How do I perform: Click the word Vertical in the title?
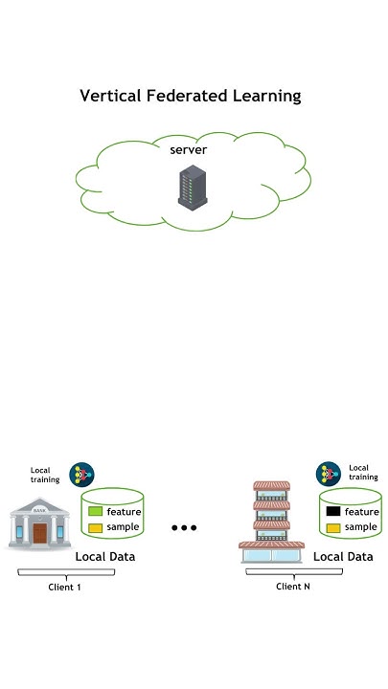click(x=106, y=96)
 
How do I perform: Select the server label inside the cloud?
click(x=188, y=150)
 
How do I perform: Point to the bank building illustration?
click(x=39, y=527)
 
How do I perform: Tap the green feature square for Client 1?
click(x=96, y=511)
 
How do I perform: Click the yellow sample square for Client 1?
click(x=96, y=527)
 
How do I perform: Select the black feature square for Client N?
click(x=333, y=511)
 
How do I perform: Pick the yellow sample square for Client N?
click(x=333, y=527)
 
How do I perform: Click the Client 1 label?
click(x=65, y=587)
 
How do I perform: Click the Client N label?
click(x=293, y=586)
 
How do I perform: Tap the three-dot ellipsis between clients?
click(x=184, y=528)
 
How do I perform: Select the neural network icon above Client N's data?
click(x=329, y=473)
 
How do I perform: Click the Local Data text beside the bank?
click(x=105, y=556)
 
